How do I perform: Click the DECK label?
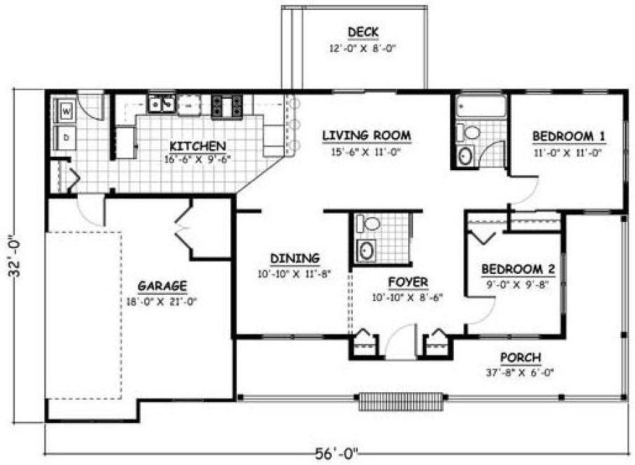pyautogui.click(x=363, y=32)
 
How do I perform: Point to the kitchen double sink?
pyautogui.click(x=162, y=104)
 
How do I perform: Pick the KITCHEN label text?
pyautogui.click(x=197, y=146)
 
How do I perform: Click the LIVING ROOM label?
pyautogui.click(x=366, y=135)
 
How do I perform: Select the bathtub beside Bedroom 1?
pyautogui.click(x=480, y=107)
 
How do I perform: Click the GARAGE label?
pyautogui.click(x=162, y=286)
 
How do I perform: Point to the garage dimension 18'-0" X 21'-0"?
pyautogui.click(x=162, y=302)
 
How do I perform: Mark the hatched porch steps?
pyautogui.click(x=402, y=402)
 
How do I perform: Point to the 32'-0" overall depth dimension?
pyautogui.click(x=15, y=256)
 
